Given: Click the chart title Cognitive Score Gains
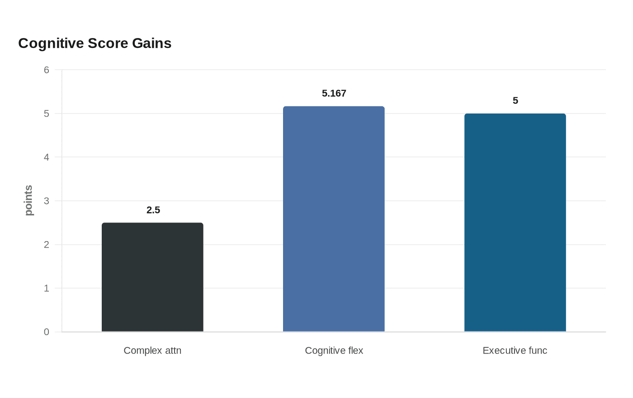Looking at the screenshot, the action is pyautogui.click(x=94, y=43).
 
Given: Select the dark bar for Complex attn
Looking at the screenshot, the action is pyautogui.click(x=153, y=277).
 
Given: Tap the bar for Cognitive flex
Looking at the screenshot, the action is pyautogui.click(x=334, y=219).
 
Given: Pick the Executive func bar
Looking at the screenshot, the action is pyautogui.click(x=515, y=223).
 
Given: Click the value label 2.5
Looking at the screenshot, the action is pyautogui.click(x=153, y=210).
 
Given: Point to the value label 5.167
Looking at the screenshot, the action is pyautogui.click(x=334, y=93).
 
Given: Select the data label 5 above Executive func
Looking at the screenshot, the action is pyautogui.click(x=515, y=100).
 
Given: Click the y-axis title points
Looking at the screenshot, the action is pyautogui.click(x=28, y=200).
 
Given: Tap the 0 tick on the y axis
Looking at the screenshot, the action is pyautogui.click(x=46, y=332).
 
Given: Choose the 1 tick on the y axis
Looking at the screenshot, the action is pyautogui.click(x=46, y=289).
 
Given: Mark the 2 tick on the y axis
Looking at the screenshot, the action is pyautogui.click(x=46, y=245).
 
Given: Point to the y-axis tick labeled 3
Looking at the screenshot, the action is pyautogui.click(x=46, y=201).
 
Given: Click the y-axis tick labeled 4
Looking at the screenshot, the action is pyautogui.click(x=46, y=157).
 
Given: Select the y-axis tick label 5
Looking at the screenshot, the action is pyautogui.click(x=46, y=114).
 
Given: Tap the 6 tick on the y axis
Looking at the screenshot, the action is pyautogui.click(x=46, y=70).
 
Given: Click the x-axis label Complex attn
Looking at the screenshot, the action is pyautogui.click(x=153, y=351).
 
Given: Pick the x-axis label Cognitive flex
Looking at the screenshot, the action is pyautogui.click(x=334, y=351).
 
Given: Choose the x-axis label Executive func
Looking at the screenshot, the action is pyautogui.click(x=515, y=351).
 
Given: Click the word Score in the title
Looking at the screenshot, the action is pyautogui.click(x=108, y=43).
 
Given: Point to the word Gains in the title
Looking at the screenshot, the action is pyautogui.click(x=151, y=43).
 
